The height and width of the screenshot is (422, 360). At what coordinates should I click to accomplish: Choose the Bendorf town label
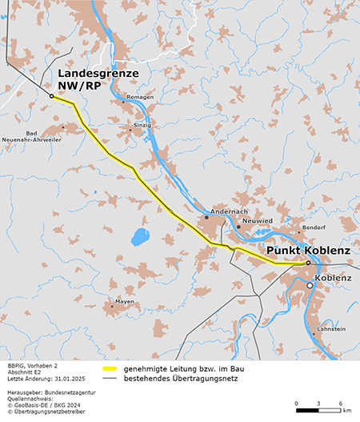(313, 227)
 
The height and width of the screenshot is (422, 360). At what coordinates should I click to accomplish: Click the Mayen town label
(124, 301)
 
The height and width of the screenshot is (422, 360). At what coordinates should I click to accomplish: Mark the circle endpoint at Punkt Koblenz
(308, 263)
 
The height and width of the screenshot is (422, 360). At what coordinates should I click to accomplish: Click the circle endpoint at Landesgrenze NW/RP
(51, 96)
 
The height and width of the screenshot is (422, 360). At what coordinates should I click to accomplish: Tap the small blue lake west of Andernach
(140, 236)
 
